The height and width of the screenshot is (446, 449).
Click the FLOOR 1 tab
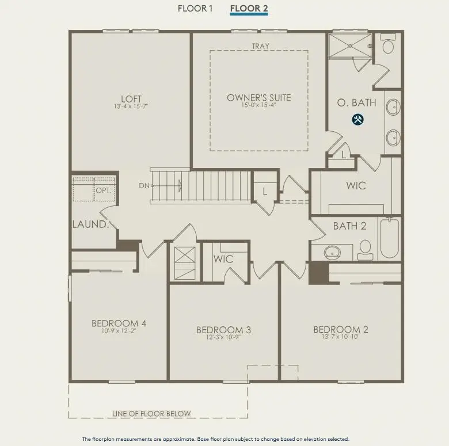tap(195, 8)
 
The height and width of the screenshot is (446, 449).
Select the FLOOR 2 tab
tap(249, 8)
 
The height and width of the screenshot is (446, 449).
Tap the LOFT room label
tap(131, 99)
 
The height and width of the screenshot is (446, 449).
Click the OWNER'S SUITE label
tap(258, 97)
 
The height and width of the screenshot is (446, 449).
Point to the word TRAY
tap(260, 46)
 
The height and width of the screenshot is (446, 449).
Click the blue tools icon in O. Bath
tap(357, 120)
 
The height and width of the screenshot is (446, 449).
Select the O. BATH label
tap(356, 102)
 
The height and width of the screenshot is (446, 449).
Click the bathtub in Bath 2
tap(389, 238)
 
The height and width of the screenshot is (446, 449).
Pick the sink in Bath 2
tap(332, 251)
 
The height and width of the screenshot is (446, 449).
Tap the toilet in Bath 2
tap(365, 247)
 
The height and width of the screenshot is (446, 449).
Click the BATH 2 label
tap(349, 226)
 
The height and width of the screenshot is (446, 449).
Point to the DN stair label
tap(144, 185)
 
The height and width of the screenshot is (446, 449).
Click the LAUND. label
tap(90, 224)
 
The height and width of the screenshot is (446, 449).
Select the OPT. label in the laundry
tap(104, 190)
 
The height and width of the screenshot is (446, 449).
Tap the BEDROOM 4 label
tap(119, 323)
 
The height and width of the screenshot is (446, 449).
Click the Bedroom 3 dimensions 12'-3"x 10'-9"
tap(223, 338)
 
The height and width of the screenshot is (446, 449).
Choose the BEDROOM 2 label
tap(340, 329)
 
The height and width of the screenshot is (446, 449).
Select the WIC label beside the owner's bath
tap(356, 186)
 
